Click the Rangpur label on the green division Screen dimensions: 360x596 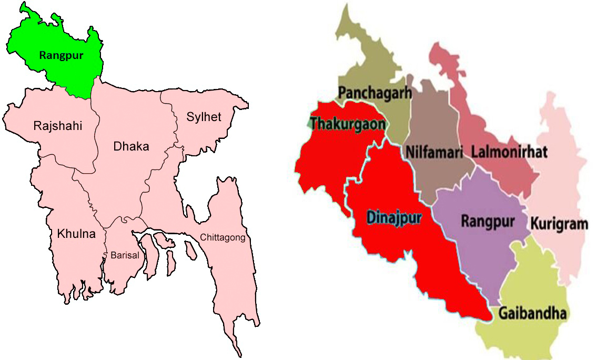(x=61, y=55)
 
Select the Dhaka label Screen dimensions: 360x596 (x=131, y=146)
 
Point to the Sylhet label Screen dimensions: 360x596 (x=204, y=116)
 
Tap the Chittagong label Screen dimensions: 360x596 (x=223, y=238)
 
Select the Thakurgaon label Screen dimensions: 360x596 (x=348, y=124)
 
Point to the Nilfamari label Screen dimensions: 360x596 (x=434, y=152)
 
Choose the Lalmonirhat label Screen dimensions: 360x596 (x=509, y=152)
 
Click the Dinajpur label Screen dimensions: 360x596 (x=394, y=217)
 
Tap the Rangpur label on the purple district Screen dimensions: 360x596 (x=487, y=221)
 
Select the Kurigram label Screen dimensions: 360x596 (x=559, y=224)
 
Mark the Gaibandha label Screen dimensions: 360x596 (x=532, y=314)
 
